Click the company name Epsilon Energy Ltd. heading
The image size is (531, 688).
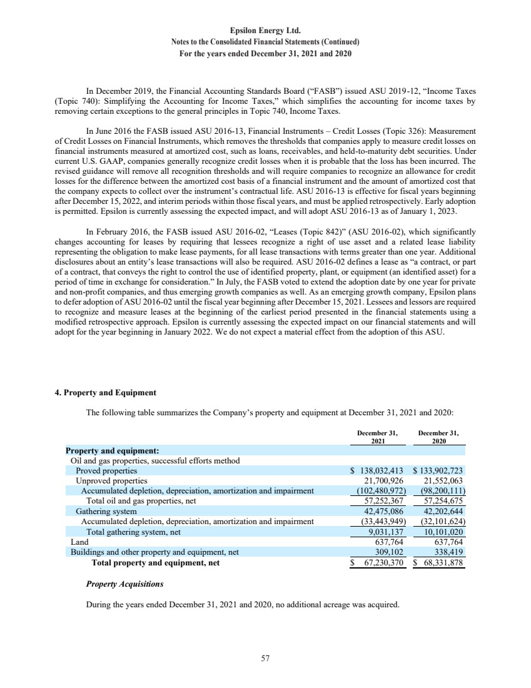[x=265, y=29]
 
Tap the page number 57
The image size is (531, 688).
[x=265, y=657]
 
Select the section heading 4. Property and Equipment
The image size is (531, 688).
[x=106, y=393]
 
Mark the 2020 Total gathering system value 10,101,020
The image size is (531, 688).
[x=442, y=532]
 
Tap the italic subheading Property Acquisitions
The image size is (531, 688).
[x=124, y=584]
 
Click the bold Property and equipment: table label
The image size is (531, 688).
[x=113, y=450]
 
